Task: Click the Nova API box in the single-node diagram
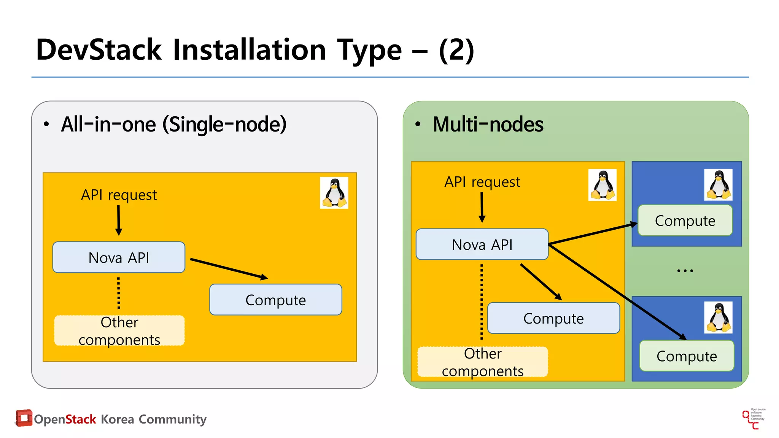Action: point(119,257)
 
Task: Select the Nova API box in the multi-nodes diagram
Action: point(482,244)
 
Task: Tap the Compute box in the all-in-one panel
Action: point(275,300)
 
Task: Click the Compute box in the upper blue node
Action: point(685,221)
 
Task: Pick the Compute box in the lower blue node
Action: point(687,356)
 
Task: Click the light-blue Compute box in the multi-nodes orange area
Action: point(553,318)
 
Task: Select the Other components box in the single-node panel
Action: point(119,330)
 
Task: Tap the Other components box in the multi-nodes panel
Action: point(482,362)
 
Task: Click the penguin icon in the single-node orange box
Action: point(334,192)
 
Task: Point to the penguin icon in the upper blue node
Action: point(718,185)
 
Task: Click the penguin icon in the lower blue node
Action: point(718,317)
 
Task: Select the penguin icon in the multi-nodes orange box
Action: point(602,185)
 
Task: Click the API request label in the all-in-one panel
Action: point(119,195)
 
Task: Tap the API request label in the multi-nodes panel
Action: point(482,182)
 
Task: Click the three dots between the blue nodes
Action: point(685,271)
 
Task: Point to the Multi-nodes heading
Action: point(488,124)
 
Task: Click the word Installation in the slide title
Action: point(249,50)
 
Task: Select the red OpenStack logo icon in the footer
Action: point(24,418)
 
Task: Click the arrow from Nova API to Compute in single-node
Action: point(229,269)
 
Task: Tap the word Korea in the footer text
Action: point(117,419)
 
